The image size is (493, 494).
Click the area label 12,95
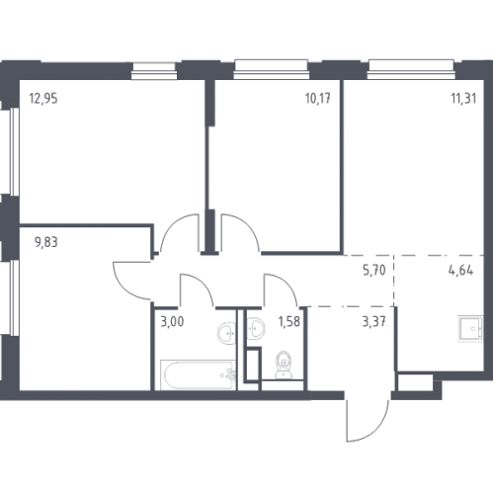tap(43, 99)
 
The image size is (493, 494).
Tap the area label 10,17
tap(318, 99)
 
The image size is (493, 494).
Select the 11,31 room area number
tap(463, 99)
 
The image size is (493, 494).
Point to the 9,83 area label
tap(46, 242)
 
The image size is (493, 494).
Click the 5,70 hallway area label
tap(374, 270)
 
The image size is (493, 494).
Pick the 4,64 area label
tap(460, 271)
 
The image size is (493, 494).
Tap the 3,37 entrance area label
tap(373, 321)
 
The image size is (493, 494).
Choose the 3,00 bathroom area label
tap(172, 321)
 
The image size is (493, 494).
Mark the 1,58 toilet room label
tap(289, 321)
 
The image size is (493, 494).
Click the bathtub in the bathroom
tap(198, 374)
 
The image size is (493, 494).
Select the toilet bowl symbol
tap(284, 366)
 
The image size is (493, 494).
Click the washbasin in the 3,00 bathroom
tap(227, 333)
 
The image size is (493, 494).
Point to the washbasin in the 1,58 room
tap(256, 328)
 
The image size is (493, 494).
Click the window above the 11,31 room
tap(411, 69)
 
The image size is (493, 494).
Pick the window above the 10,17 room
tap(272, 69)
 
